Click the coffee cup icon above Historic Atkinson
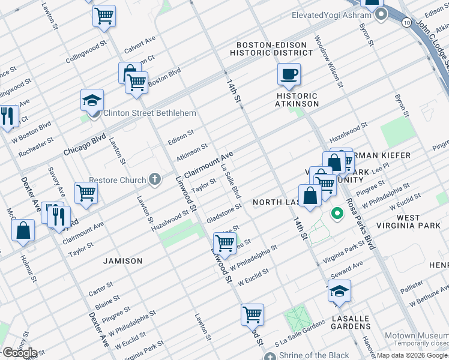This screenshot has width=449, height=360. [289, 74]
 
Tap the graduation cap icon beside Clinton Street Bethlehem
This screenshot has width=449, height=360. [92, 100]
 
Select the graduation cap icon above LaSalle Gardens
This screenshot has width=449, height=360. [339, 291]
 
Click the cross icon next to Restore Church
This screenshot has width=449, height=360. [155, 179]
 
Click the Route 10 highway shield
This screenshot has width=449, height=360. [408, 22]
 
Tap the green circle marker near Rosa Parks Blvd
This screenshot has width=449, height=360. [337, 212]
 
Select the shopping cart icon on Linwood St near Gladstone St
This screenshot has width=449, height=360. [224, 243]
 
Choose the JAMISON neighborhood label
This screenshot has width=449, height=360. [123, 261]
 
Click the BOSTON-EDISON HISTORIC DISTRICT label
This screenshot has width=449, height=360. [274, 49]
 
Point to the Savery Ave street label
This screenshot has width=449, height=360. [57, 184]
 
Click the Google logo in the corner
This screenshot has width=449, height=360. [19, 352]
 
